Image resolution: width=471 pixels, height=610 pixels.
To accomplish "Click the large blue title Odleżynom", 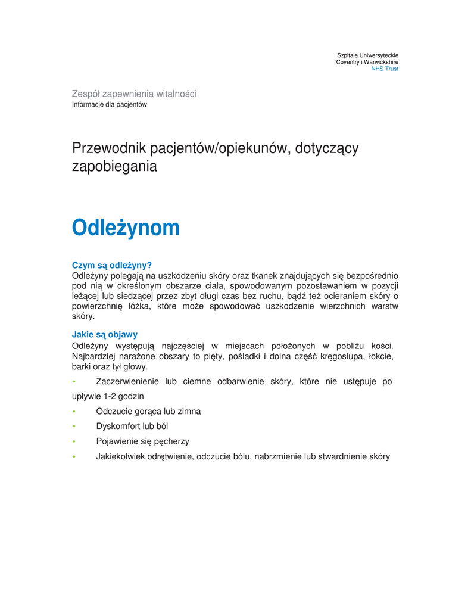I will (x=125, y=228).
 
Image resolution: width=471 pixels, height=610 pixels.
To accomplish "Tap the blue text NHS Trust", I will (x=385, y=69).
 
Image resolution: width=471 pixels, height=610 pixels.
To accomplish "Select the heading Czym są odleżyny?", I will (x=112, y=265).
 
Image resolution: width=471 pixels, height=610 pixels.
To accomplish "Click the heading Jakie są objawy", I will (x=104, y=334).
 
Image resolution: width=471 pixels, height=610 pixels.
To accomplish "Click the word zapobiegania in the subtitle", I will (x=114, y=167).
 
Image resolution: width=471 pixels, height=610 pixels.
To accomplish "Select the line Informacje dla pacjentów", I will (x=109, y=105).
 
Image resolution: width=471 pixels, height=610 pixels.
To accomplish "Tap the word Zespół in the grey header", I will (x=86, y=94).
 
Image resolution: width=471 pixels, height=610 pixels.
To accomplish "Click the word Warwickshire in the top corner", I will (x=379, y=62).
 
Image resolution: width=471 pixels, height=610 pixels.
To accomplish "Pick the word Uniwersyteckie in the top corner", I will (x=376, y=55).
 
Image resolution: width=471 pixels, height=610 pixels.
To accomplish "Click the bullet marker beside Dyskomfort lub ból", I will (x=74, y=427).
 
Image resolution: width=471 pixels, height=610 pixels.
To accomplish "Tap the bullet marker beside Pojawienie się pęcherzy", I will (x=74, y=441).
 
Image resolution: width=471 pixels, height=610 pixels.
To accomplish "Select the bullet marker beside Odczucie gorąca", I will (x=74, y=411).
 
